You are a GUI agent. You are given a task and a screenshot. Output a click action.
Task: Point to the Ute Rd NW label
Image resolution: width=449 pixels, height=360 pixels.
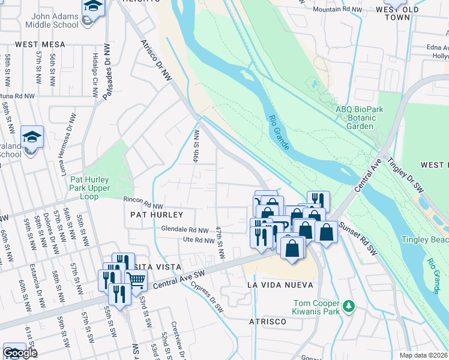pyautogui.click(x=199, y=241)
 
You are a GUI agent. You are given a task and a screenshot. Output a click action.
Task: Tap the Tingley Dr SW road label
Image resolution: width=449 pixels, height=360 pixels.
pyautogui.click(x=406, y=175)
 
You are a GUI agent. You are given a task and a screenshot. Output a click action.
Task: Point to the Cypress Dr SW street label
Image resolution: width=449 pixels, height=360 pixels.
pyautogui.click(x=207, y=296)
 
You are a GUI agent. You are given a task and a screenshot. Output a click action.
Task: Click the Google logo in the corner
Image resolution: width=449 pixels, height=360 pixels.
pyautogui.click(x=20, y=353)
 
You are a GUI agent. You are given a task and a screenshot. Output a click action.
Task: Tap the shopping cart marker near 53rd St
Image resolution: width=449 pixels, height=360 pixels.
pyautogui.click(x=136, y=279)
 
